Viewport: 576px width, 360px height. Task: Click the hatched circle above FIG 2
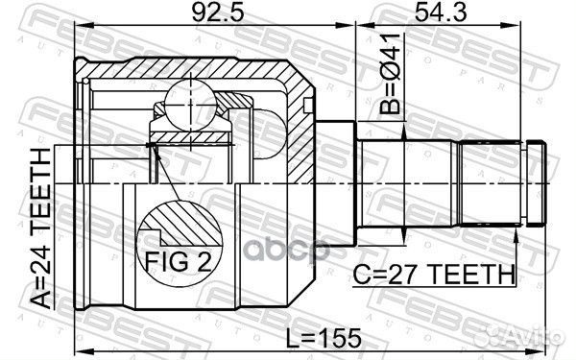[177, 228]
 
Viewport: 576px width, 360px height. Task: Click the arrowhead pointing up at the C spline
[517, 240]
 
